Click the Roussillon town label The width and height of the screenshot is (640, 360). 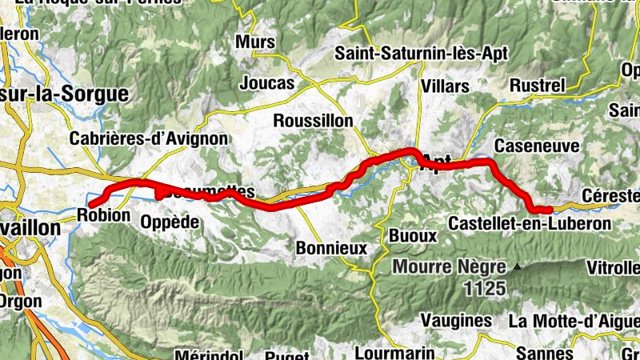(312, 120)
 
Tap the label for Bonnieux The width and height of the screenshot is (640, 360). (331, 248)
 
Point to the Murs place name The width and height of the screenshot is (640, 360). (256, 42)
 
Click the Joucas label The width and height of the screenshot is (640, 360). (267, 82)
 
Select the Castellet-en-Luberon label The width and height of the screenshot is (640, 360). (530, 223)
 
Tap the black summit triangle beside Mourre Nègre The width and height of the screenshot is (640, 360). (518, 266)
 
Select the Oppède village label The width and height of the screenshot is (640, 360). (169, 222)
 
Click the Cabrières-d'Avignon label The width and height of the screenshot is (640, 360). (149, 138)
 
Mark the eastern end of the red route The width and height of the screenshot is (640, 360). (550, 210)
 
